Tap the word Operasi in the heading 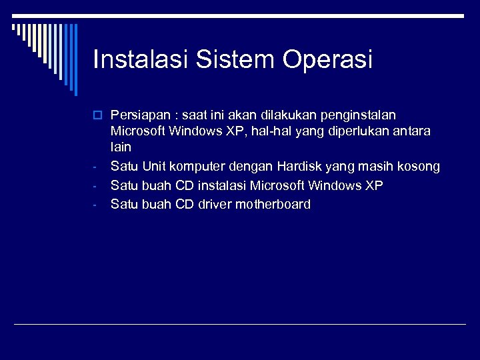(327, 60)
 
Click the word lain (121, 146)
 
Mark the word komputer (197, 166)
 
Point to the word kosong (417, 166)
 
